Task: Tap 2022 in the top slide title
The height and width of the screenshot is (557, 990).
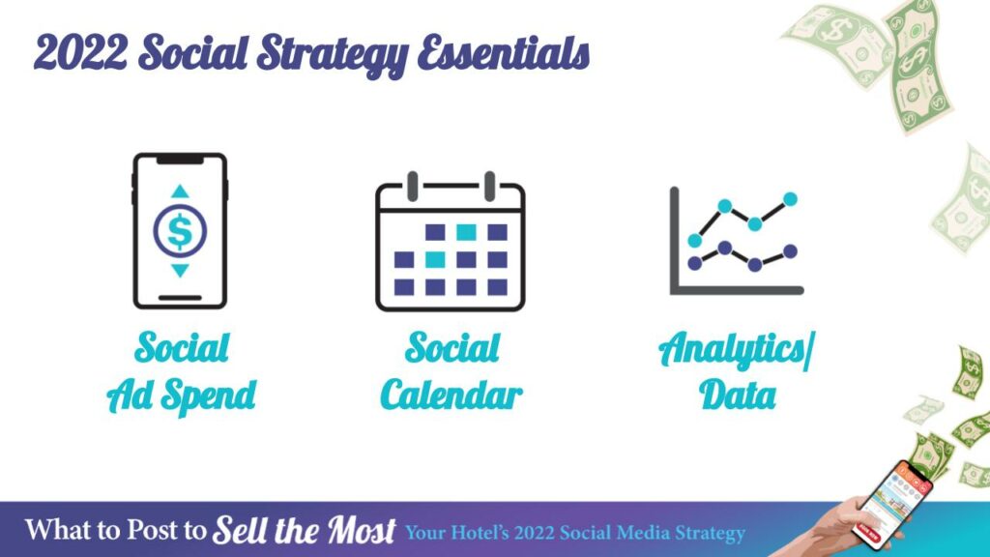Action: pos(80,52)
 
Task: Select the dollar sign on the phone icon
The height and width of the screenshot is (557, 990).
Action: pos(180,231)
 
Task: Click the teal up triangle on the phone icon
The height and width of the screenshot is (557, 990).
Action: pos(180,191)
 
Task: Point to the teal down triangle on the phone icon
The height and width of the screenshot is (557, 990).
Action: pos(180,271)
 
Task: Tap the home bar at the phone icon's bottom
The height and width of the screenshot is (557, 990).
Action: pos(180,298)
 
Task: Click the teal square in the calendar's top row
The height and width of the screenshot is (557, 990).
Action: pos(466,232)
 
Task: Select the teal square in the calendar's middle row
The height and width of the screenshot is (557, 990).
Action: pos(434,259)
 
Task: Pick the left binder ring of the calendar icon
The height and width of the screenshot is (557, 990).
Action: pos(412,187)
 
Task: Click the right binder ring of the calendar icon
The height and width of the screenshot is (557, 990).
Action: pos(489,187)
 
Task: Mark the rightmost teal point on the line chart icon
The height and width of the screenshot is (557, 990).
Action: pos(790,199)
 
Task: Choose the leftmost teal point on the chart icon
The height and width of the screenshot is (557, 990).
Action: pos(694,240)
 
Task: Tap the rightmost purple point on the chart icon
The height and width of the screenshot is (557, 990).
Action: pos(790,251)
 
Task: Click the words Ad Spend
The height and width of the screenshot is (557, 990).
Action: pos(181,396)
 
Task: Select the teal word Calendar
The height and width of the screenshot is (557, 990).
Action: pos(451,396)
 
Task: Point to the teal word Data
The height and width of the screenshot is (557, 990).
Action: pos(738,396)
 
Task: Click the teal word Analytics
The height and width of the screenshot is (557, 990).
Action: pos(733,349)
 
